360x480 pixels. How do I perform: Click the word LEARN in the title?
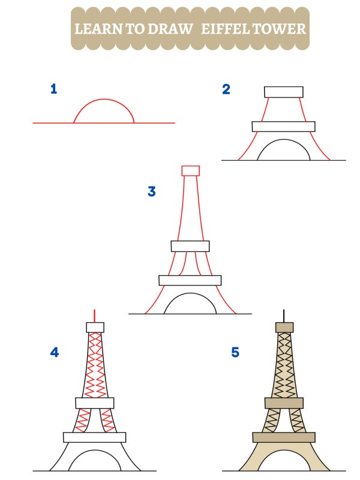coord(95,29)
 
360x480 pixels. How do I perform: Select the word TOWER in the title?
coord(281,29)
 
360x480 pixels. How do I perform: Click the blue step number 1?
coord(54,90)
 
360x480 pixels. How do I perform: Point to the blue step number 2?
coord(226,90)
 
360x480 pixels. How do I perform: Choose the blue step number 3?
coord(152,192)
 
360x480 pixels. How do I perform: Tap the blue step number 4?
coord(55,353)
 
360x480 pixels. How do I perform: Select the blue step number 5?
coord(235,353)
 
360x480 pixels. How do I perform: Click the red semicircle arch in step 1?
coord(104,100)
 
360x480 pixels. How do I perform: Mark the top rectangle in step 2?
coord(284,91)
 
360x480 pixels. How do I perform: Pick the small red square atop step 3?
coord(190,170)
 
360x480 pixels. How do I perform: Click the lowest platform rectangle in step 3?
coord(190,280)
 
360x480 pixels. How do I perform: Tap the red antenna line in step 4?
coord(95,316)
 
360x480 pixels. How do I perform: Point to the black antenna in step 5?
coord(284,316)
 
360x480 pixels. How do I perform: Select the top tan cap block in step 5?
coord(284,328)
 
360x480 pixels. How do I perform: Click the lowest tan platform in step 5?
coord(284,437)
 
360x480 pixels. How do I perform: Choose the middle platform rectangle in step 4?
coord(95,403)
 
